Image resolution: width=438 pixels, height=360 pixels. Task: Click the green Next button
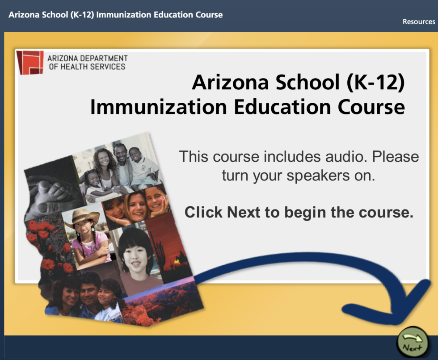pos(412,342)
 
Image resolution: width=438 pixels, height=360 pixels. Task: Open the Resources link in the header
pos(419,21)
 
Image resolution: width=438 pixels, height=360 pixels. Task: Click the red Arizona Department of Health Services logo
pos(30,63)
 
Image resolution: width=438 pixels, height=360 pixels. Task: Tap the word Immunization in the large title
pos(158,107)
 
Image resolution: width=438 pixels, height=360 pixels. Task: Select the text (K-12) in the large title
pos(375,82)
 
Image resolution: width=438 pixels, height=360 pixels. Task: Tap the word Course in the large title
pos(371,107)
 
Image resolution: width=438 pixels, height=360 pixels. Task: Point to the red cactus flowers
pos(47,246)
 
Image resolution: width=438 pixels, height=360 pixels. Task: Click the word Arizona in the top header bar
pos(24,14)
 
